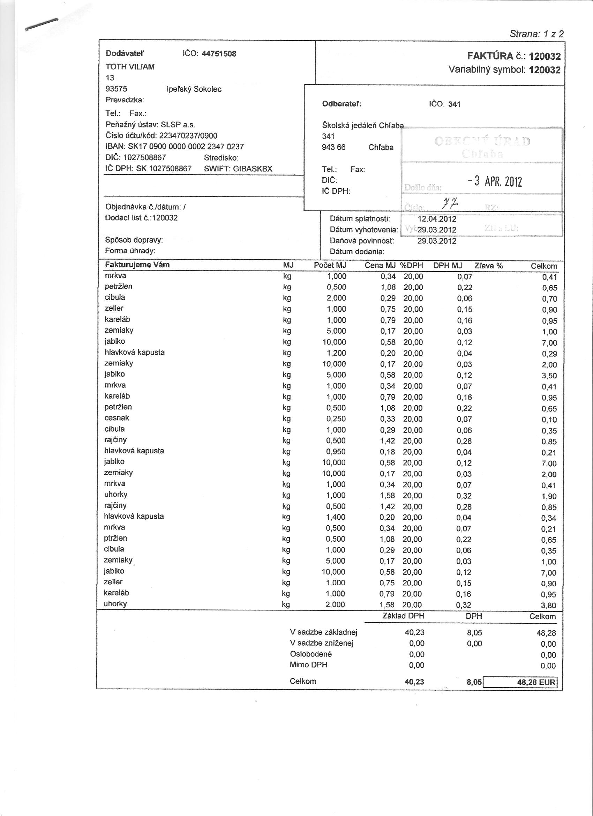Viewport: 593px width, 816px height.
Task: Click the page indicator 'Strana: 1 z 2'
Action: [x=536, y=34]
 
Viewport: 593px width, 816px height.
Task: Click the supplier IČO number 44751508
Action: [x=219, y=54]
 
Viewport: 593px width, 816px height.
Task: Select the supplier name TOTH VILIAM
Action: [x=130, y=67]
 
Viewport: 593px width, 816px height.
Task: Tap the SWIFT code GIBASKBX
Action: [x=253, y=169]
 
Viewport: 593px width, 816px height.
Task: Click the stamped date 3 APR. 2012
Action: [x=495, y=181]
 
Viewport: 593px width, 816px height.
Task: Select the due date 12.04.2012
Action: [x=437, y=219]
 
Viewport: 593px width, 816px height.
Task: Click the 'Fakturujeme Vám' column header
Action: [x=137, y=265]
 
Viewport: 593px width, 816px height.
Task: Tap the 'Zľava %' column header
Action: [x=488, y=266]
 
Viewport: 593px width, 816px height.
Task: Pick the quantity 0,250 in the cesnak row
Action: [x=336, y=419]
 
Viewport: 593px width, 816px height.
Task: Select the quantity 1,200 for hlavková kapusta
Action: [x=336, y=353]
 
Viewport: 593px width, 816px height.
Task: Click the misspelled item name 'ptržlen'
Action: [x=115, y=538]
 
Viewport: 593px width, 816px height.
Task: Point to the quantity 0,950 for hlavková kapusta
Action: [x=336, y=452]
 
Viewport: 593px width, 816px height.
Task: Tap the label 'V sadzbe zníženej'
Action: [x=322, y=643]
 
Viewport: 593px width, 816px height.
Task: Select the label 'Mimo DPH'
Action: [x=308, y=665]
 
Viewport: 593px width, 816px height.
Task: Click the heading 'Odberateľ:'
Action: [x=341, y=104]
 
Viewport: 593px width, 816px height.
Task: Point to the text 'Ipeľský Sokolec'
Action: [x=194, y=89]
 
